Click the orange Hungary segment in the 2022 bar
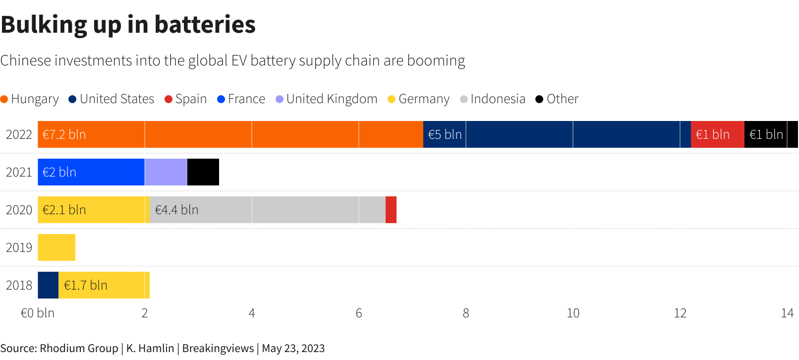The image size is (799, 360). pyautogui.click(x=230, y=134)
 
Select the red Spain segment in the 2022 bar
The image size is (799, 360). pyautogui.click(x=717, y=134)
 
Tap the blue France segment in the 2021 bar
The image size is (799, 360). pyautogui.click(x=91, y=172)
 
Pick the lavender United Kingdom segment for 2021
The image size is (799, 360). pyautogui.click(x=166, y=172)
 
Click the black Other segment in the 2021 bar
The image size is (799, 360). pyautogui.click(x=203, y=172)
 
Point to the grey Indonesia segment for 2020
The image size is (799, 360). pyautogui.click(x=268, y=210)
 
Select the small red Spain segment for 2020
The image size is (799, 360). pyautogui.click(x=391, y=210)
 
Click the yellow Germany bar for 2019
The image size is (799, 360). pyautogui.click(x=57, y=247)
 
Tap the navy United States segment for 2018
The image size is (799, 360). pyautogui.click(x=48, y=285)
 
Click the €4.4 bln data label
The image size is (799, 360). pyautogui.click(x=176, y=210)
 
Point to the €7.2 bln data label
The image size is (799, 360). pyautogui.click(x=64, y=134)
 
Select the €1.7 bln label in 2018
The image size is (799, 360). pyautogui.click(x=85, y=285)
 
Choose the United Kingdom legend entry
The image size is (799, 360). pyautogui.click(x=327, y=99)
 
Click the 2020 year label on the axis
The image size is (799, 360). pyautogui.click(x=19, y=210)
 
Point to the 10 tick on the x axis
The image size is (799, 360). pyautogui.click(x=573, y=313)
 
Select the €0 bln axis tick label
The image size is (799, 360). pyautogui.click(x=37, y=313)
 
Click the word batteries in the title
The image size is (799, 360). pyautogui.click(x=205, y=24)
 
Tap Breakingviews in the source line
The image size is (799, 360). pyautogui.click(x=218, y=348)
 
